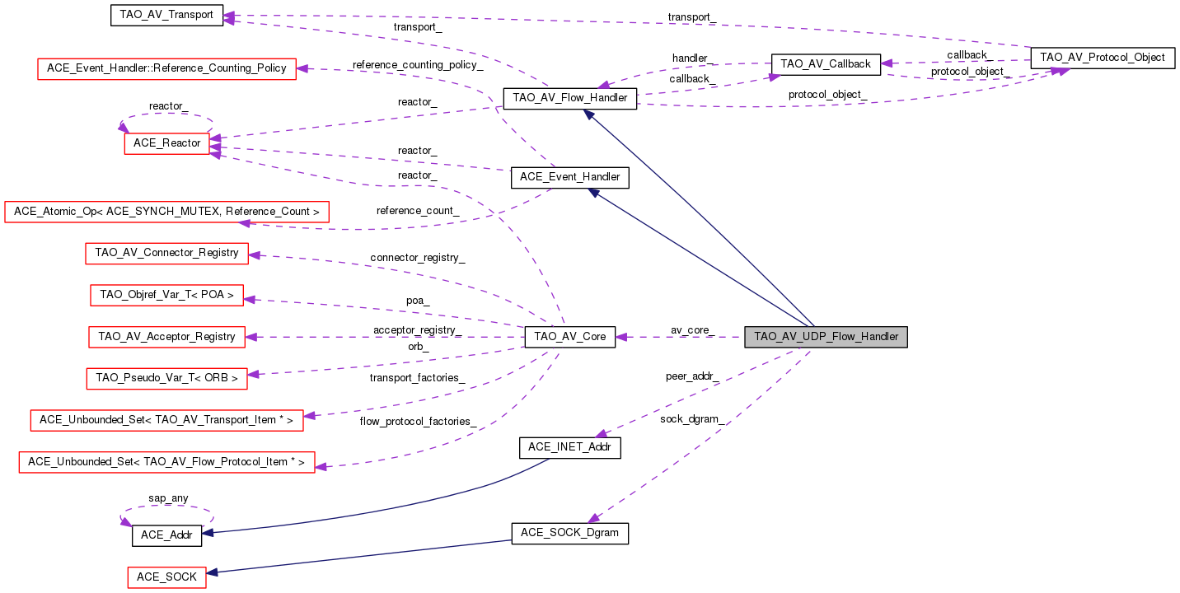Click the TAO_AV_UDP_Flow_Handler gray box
point(826,337)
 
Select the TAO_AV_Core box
point(569,337)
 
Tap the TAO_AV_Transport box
point(166,15)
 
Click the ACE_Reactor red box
point(168,143)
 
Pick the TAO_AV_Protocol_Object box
point(1103,58)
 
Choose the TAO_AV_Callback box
point(825,63)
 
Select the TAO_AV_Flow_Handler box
point(569,99)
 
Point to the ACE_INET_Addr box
point(569,447)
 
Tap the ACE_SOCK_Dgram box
point(569,534)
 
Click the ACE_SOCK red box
point(166,577)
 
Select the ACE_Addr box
point(166,535)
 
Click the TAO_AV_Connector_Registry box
point(166,253)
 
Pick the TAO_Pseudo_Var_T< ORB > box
point(166,378)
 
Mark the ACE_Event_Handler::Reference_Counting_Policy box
point(166,68)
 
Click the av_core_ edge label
point(691,330)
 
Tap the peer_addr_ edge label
point(691,376)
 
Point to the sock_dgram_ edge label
point(691,419)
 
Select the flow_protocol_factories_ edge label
point(418,422)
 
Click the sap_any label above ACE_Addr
point(168,498)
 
